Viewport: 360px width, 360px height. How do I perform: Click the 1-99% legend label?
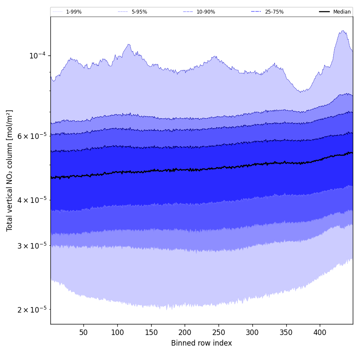tap(74, 12)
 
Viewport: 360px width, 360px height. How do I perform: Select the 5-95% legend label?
tap(139, 12)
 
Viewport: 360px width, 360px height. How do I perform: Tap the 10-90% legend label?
tap(205, 12)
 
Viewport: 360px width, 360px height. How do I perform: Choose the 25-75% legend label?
tap(274, 12)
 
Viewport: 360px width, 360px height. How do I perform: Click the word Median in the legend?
tap(342, 12)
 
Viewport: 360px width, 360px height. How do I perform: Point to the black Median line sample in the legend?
tap(325, 12)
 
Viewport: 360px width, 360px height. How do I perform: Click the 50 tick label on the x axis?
tap(83, 332)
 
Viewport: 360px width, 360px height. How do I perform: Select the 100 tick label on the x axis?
tap(117, 332)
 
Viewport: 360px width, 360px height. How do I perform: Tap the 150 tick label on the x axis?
tap(151, 332)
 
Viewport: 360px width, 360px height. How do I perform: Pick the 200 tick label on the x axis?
tap(185, 332)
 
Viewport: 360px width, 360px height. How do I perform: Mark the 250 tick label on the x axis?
tap(219, 332)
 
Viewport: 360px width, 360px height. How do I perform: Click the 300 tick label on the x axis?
tap(252, 332)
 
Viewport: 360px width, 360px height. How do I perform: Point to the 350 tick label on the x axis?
tap(286, 332)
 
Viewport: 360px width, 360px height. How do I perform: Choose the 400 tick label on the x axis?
tap(320, 332)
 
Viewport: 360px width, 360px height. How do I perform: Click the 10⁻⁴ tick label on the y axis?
tap(37, 55)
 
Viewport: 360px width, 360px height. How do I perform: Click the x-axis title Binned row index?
tap(202, 343)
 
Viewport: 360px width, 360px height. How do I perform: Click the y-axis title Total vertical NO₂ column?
tap(9, 171)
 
